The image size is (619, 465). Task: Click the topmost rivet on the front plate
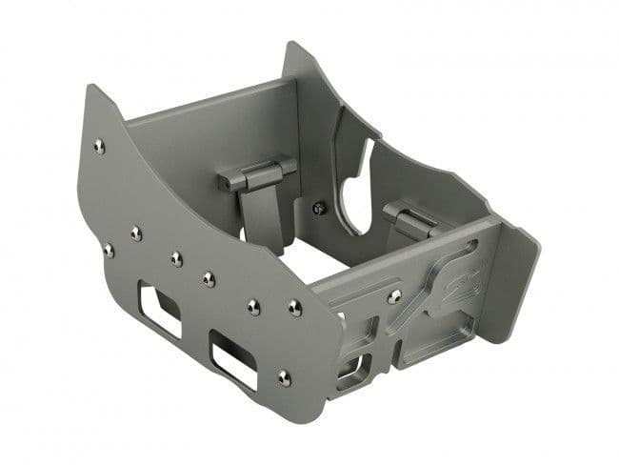(x=99, y=146)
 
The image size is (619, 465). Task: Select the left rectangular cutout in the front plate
(x=158, y=306)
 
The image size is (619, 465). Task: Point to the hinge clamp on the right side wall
(x=411, y=218)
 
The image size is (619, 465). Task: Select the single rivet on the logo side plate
(x=394, y=296)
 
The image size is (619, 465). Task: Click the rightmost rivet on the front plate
(x=295, y=308)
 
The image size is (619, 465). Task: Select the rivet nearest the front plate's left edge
(x=108, y=251)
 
